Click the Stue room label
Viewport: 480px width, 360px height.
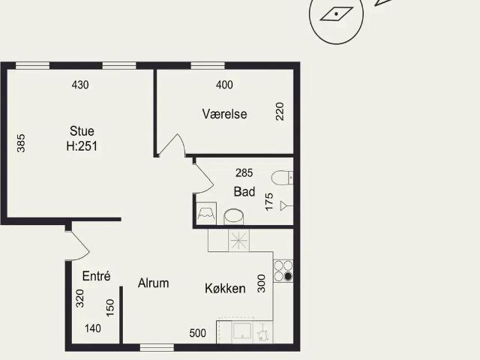[82, 130]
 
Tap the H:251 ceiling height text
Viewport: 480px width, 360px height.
[82, 146]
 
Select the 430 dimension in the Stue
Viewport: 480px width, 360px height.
[79, 85]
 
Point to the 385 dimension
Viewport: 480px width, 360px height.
[21, 143]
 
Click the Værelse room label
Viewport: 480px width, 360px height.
[224, 114]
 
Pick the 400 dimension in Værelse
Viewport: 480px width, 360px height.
[223, 85]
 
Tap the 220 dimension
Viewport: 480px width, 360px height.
[280, 112]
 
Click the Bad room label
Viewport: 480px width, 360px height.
[244, 192]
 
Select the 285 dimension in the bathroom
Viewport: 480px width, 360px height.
[244, 172]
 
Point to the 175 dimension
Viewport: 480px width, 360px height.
[269, 202]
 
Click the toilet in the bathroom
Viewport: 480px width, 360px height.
[282, 178]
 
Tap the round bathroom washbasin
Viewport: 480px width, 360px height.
[235, 216]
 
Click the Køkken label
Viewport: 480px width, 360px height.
[225, 288]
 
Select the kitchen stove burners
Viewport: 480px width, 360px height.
[283, 270]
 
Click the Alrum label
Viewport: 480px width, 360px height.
[153, 283]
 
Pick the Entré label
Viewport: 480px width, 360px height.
[96, 276]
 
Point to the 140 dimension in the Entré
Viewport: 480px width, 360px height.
[92, 328]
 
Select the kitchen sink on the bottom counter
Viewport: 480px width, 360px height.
[244, 331]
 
